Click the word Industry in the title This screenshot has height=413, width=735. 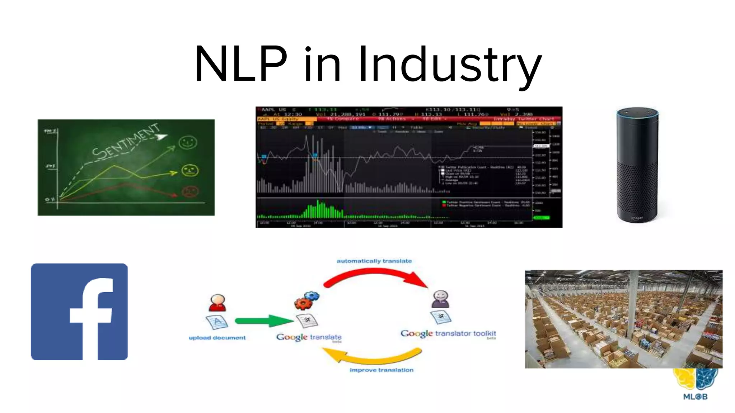pos(450,65)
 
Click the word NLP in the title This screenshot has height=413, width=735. pos(240,65)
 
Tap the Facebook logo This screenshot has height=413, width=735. pos(79,312)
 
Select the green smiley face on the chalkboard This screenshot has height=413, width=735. pos(188,142)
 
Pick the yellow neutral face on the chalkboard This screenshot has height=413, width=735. pos(189,170)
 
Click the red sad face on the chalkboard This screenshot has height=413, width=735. pos(189,191)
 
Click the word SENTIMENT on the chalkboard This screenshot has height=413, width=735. pos(126,142)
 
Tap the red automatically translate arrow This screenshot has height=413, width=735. pos(375,276)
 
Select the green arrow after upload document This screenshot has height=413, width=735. pos(264,321)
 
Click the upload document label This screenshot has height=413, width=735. pos(217,338)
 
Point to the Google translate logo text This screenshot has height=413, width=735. pos(309,337)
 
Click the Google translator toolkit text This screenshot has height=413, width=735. pos(448,333)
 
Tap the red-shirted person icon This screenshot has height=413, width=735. pos(217,303)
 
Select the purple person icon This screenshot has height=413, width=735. pos(440,299)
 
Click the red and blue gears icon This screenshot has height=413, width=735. pos(306,300)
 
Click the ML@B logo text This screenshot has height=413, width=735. pos(695,397)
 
